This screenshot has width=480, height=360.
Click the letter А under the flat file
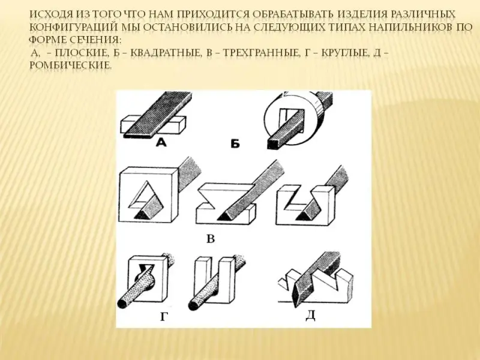(x=161, y=142)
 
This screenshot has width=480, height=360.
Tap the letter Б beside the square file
(x=235, y=143)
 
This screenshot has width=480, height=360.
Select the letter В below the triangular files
(x=211, y=238)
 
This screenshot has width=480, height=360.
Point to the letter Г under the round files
(x=164, y=317)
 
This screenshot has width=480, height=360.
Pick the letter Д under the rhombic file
(x=310, y=316)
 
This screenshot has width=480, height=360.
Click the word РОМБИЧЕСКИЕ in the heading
(x=70, y=65)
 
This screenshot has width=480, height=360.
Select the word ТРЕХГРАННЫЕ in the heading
(x=261, y=53)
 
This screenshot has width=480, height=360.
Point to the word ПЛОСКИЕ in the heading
(x=83, y=53)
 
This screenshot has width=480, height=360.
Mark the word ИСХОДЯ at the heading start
(x=50, y=14)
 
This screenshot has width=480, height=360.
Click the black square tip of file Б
(x=274, y=143)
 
